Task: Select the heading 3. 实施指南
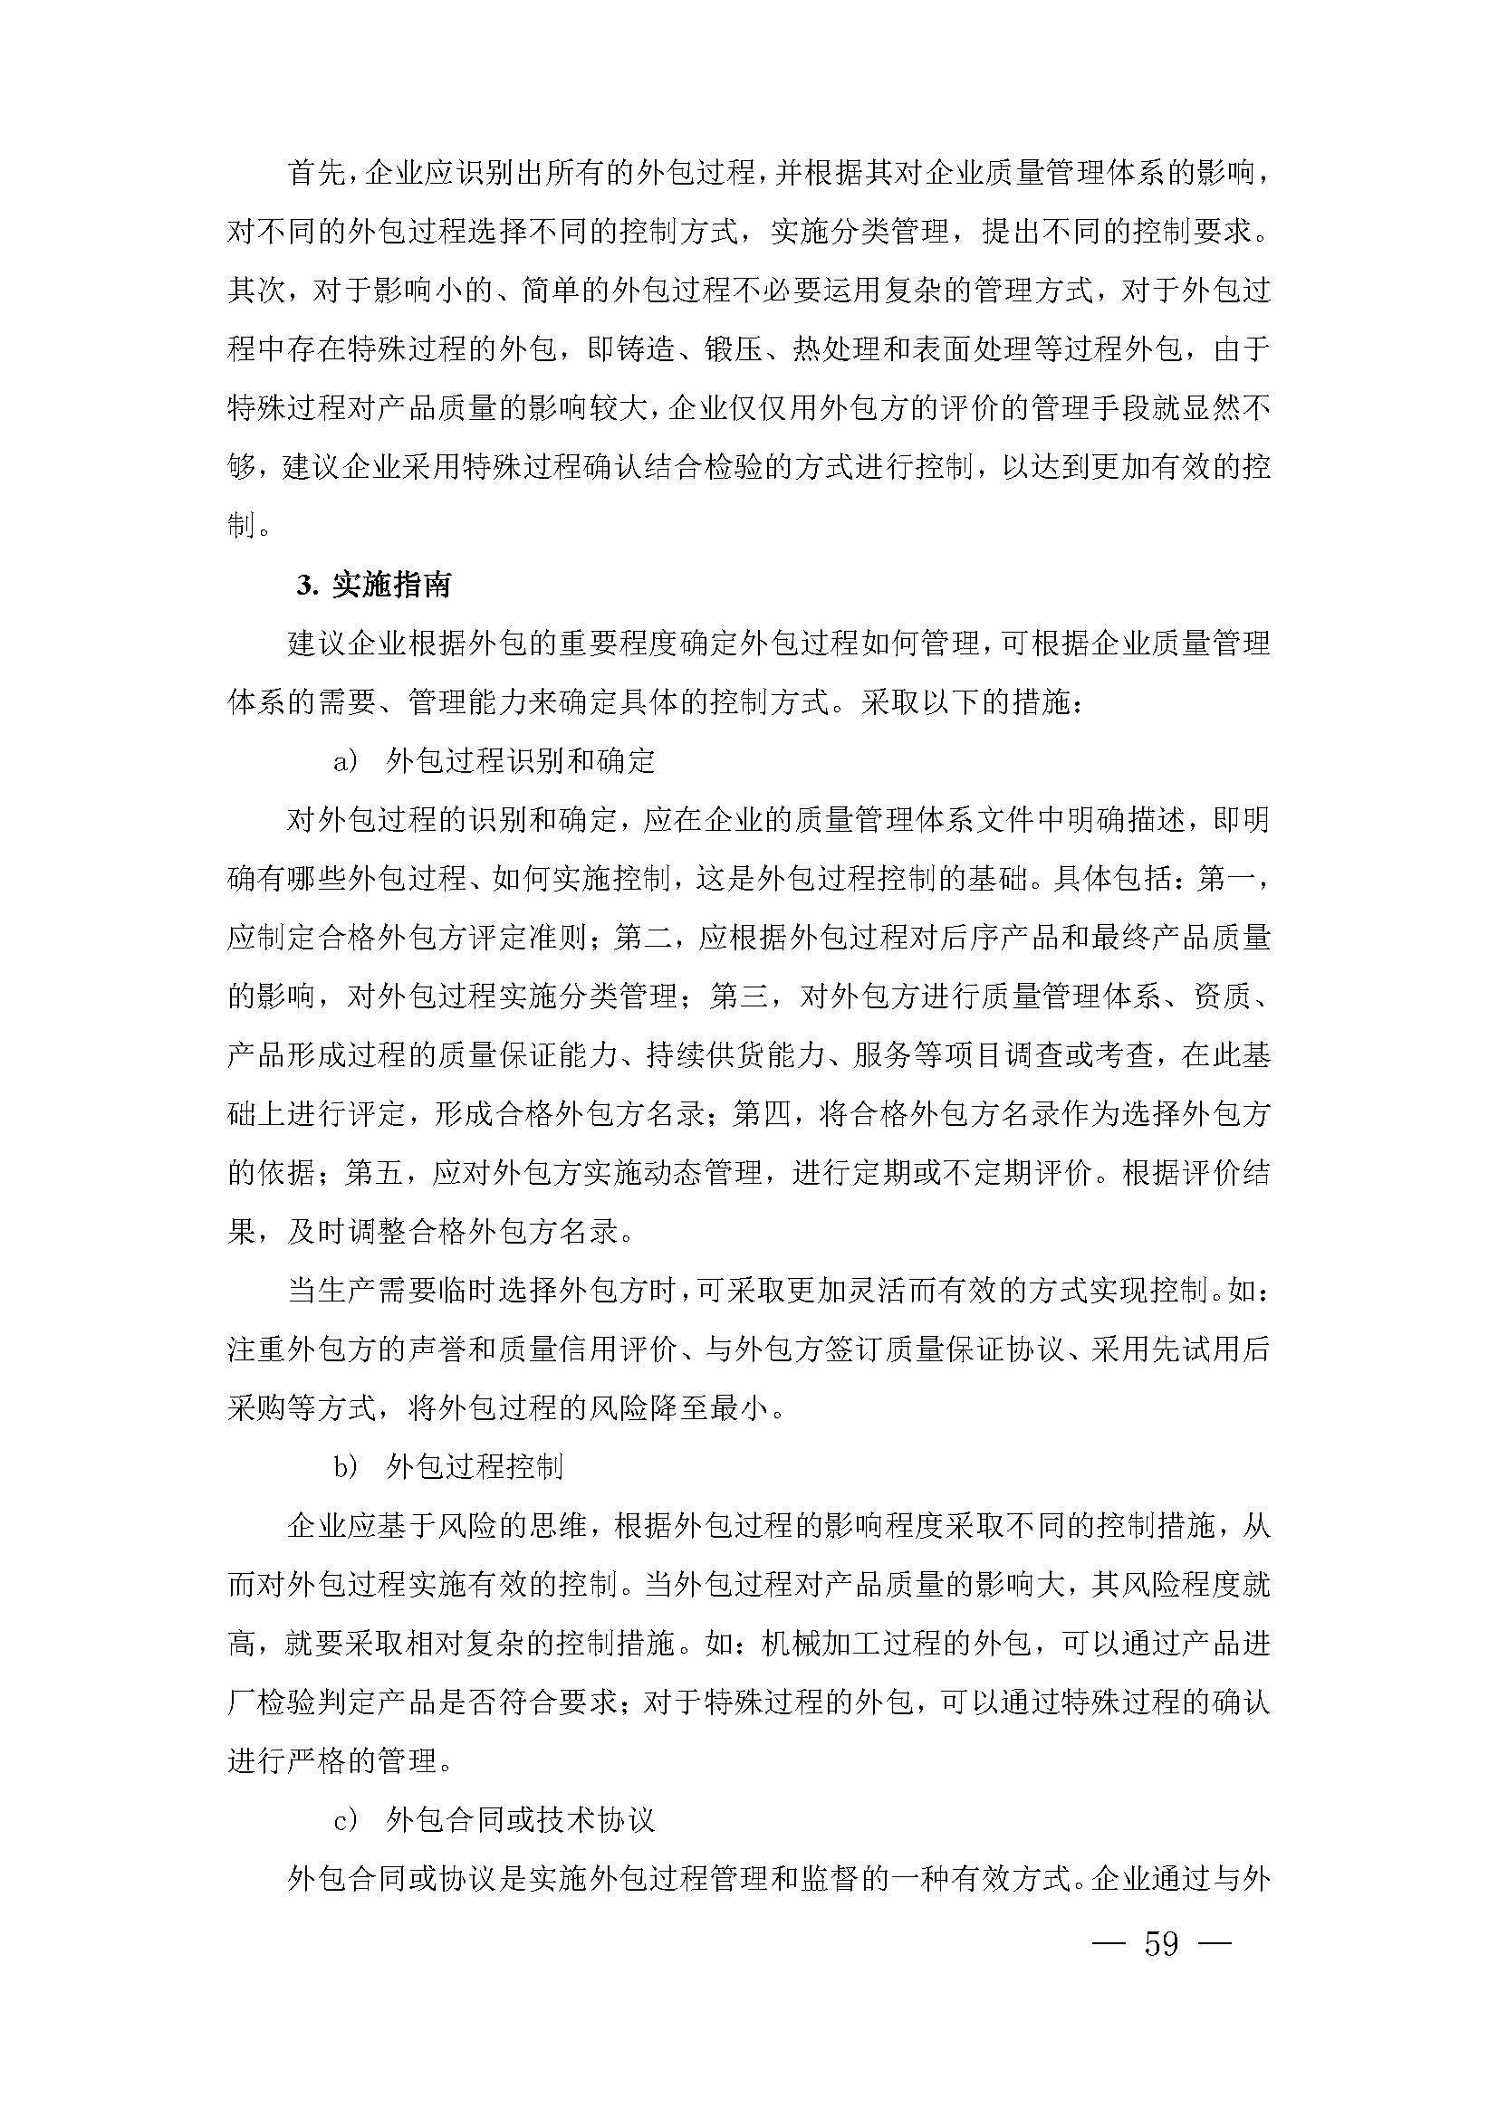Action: click(373, 585)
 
